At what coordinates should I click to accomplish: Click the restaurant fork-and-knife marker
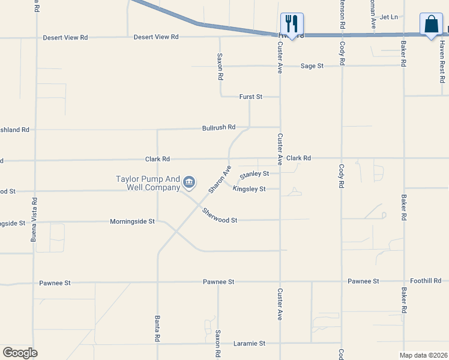(292, 24)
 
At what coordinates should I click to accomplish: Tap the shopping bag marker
(431, 25)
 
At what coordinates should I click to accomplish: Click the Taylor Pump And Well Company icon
(189, 181)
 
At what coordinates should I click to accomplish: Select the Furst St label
(251, 97)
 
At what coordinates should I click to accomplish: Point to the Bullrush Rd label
(218, 128)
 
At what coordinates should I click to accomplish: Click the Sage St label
(312, 66)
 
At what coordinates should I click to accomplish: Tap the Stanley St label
(254, 175)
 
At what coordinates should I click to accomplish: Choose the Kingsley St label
(249, 189)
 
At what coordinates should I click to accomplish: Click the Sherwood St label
(220, 216)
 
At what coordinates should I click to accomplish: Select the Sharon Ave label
(220, 179)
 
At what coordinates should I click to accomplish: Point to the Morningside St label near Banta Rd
(132, 222)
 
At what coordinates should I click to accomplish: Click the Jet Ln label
(389, 17)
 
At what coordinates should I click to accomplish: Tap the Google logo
(20, 353)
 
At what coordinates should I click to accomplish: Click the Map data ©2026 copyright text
(423, 355)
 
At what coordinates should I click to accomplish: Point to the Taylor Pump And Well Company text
(148, 183)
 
